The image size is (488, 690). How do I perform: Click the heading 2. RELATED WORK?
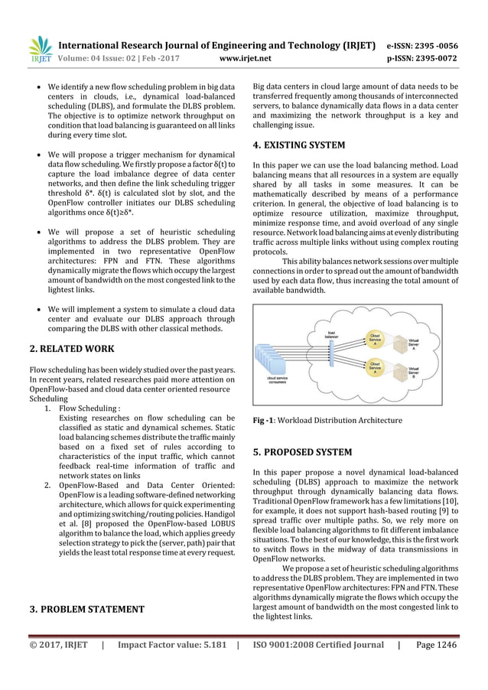[60, 350]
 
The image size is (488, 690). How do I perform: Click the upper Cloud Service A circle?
[376, 338]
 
